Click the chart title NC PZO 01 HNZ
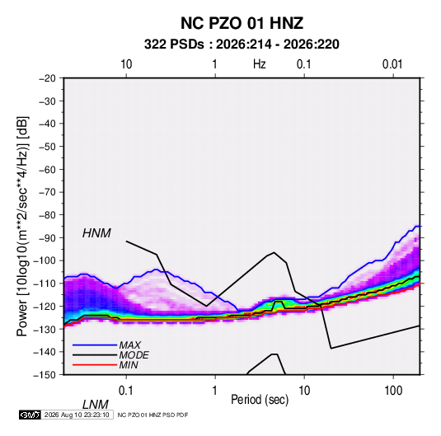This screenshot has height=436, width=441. [x=242, y=23]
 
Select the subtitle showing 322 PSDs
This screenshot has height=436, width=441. [x=242, y=45]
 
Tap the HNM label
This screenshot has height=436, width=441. [x=96, y=233]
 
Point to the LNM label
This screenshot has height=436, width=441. [x=95, y=405]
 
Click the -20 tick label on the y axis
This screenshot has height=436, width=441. [x=47, y=78]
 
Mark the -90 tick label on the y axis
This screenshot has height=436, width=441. [x=47, y=237]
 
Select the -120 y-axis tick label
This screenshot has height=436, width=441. [x=45, y=306]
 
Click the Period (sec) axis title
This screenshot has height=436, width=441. [x=260, y=400]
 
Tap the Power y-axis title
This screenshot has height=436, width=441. [x=22, y=227]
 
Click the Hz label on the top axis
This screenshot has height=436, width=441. [x=260, y=64]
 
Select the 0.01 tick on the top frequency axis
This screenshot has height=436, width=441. [x=392, y=64]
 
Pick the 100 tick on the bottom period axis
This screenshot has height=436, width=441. [x=393, y=391]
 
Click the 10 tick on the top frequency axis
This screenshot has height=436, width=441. [x=126, y=64]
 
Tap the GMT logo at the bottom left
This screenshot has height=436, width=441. [x=30, y=415]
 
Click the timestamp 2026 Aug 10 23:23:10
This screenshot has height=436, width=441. [x=77, y=415]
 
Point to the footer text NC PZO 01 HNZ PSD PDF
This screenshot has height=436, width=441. [x=152, y=415]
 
